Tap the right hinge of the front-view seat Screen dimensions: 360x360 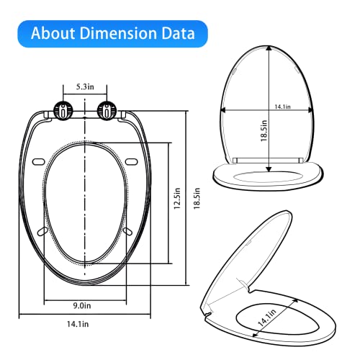pyautogui.click(x=107, y=111)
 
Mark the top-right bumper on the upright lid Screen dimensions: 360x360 pyautogui.click(x=300, y=72)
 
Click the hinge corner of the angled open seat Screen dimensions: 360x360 pyautogui.click(x=206, y=312)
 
